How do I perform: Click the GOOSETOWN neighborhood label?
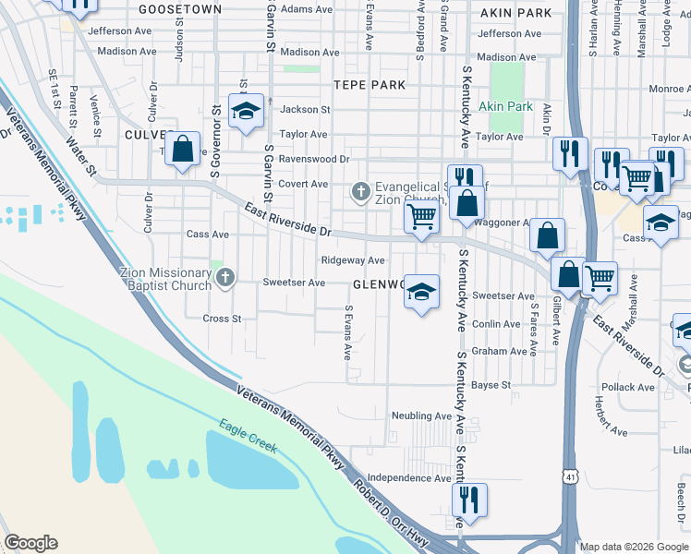point(180,9)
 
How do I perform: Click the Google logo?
point(30,543)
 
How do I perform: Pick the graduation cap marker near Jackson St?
point(246,112)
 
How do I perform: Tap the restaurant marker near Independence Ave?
point(470,501)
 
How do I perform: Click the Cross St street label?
point(222,319)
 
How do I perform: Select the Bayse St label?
point(491,384)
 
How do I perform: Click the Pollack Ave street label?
point(627,387)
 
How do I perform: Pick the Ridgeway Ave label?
point(352,261)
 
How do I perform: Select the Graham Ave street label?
point(499,352)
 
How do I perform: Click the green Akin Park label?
point(506,107)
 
